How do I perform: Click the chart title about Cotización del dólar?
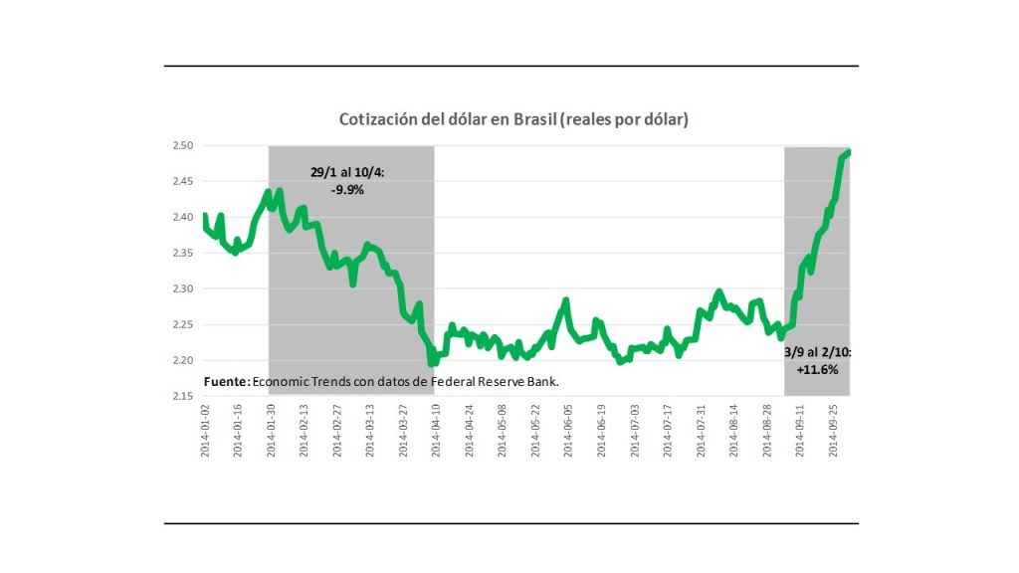tap(513, 119)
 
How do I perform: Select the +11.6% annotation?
tap(818, 369)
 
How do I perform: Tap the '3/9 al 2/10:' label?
tap(817, 352)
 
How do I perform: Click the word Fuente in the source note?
tap(226, 381)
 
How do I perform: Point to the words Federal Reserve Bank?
tap(509, 381)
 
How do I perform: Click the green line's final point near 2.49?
tap(848, 152)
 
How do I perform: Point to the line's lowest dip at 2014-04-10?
tap(432, 363)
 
